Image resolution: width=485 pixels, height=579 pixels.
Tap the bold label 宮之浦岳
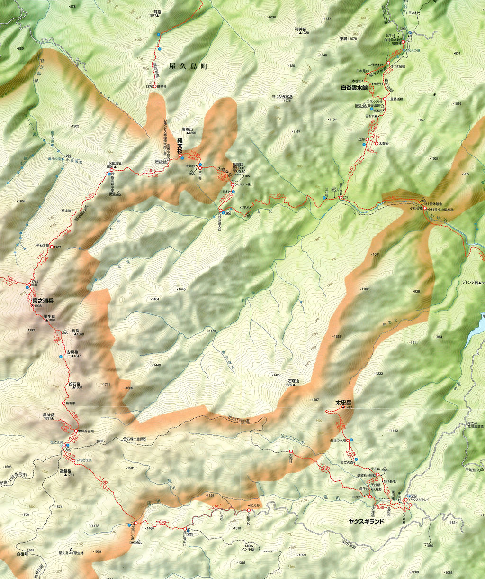(43, 301)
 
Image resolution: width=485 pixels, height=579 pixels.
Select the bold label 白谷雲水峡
(358, 88)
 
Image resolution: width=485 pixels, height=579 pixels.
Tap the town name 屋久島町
(189, 67)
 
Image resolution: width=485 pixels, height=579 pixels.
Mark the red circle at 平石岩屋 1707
(52, 247)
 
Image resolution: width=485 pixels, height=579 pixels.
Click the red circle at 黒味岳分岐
(76, 431)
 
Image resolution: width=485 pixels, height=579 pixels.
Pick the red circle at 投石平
(63, 403)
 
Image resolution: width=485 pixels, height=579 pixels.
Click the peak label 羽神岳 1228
(302, 31)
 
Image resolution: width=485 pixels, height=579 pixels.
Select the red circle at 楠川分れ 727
(341, 197)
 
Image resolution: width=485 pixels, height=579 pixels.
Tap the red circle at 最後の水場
(348, 441)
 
